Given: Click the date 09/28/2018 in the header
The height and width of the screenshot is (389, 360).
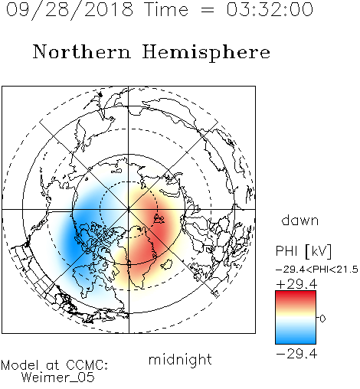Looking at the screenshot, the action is (70, 10).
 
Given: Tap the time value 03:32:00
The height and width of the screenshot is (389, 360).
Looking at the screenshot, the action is (270, 9).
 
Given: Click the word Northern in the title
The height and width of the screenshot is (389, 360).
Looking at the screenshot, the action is (82, 51).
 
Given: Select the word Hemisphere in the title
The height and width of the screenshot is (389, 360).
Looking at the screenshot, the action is (206, 53).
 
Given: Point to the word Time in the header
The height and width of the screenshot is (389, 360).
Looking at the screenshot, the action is (166, 9).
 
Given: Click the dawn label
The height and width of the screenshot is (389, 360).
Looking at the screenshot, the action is (300, 221).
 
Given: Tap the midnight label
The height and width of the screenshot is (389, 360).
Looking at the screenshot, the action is (180, 360).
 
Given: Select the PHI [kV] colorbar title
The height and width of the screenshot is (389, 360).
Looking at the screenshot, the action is (303, 251).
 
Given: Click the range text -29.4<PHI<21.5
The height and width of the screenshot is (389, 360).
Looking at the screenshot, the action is (317, 270).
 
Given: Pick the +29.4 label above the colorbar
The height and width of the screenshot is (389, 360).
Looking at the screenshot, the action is (296, 284).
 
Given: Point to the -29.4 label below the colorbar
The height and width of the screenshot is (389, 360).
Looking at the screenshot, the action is (296, 354).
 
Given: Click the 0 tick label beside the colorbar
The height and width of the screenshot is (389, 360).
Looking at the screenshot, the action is (322, 319).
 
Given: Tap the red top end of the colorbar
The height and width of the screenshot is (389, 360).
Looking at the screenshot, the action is (296, 293).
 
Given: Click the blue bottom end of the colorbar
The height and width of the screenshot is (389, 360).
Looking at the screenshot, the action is (296, 341).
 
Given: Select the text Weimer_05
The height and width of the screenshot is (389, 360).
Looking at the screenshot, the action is (58, 378).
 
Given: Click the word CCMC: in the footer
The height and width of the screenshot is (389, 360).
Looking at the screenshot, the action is (87, 365).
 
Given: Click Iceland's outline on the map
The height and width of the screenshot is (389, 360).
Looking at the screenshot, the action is (166, 264).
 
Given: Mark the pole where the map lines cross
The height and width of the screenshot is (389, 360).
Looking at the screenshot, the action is (129, 210).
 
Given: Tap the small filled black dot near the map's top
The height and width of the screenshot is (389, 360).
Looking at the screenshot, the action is (100, 95).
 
